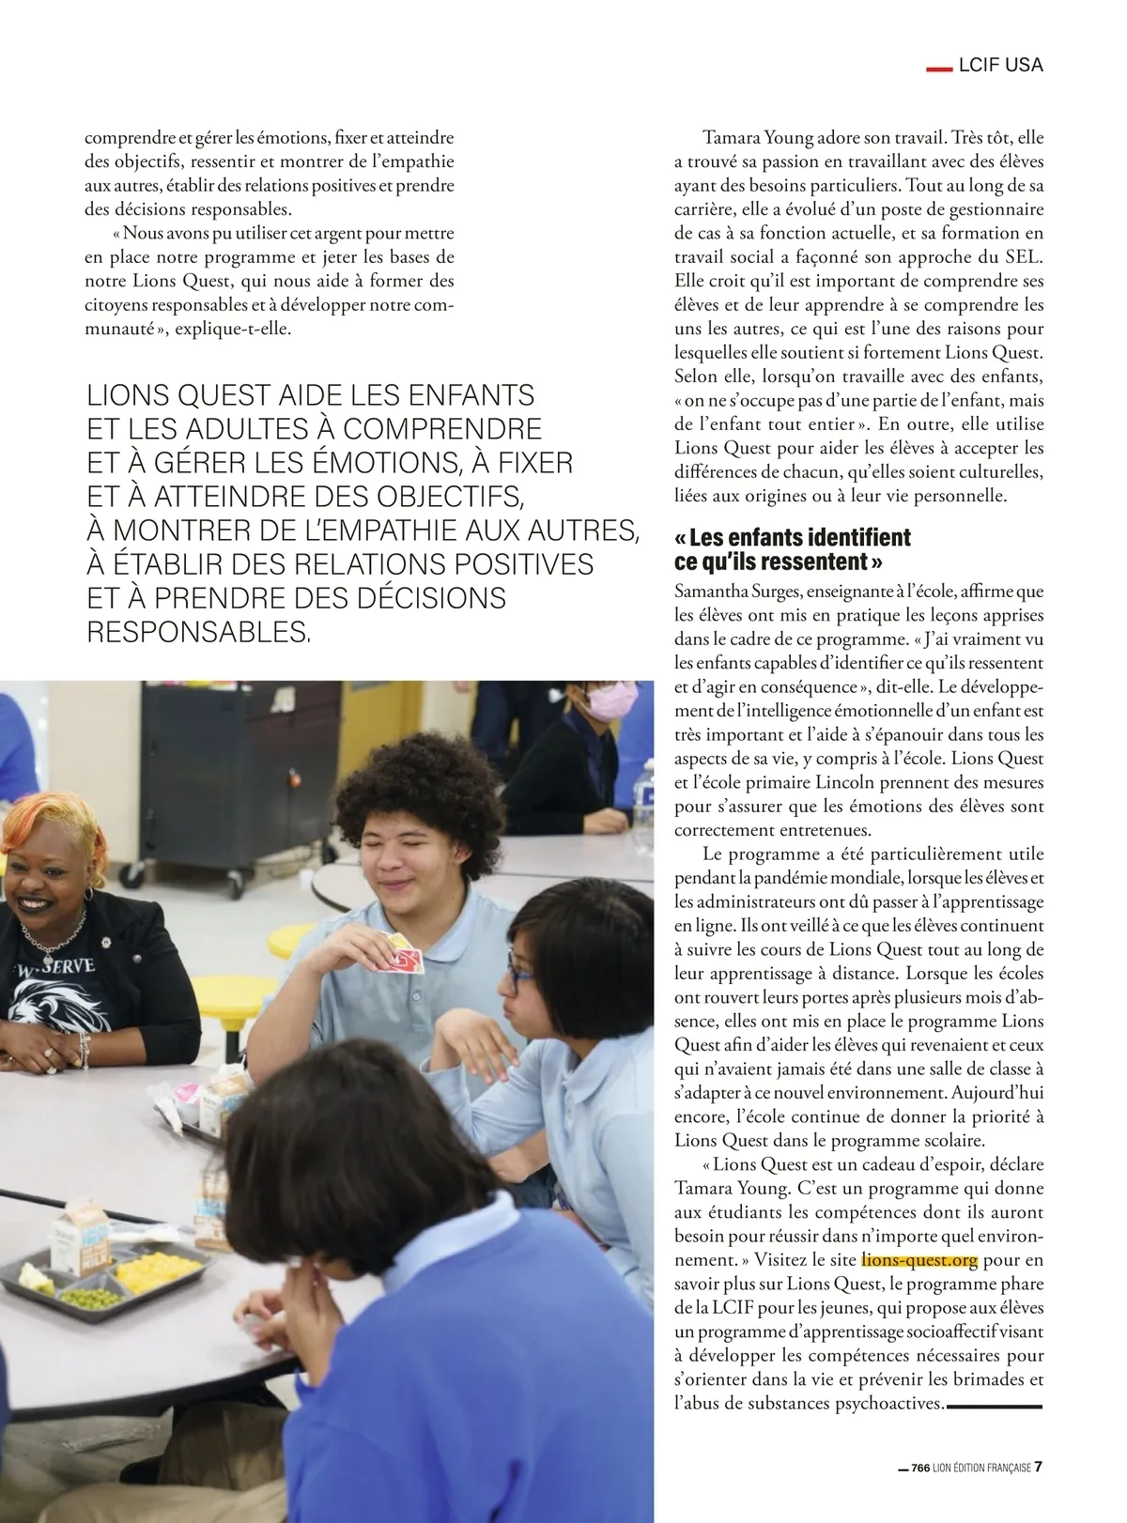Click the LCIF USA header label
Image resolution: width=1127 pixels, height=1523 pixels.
[x=1000, y=65]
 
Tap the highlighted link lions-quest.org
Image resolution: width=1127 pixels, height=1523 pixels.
[x=919, y=1260]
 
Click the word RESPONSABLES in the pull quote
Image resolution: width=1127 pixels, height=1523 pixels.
[x=197, y=632]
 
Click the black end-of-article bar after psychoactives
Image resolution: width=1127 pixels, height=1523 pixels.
[x=995, y=1406]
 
